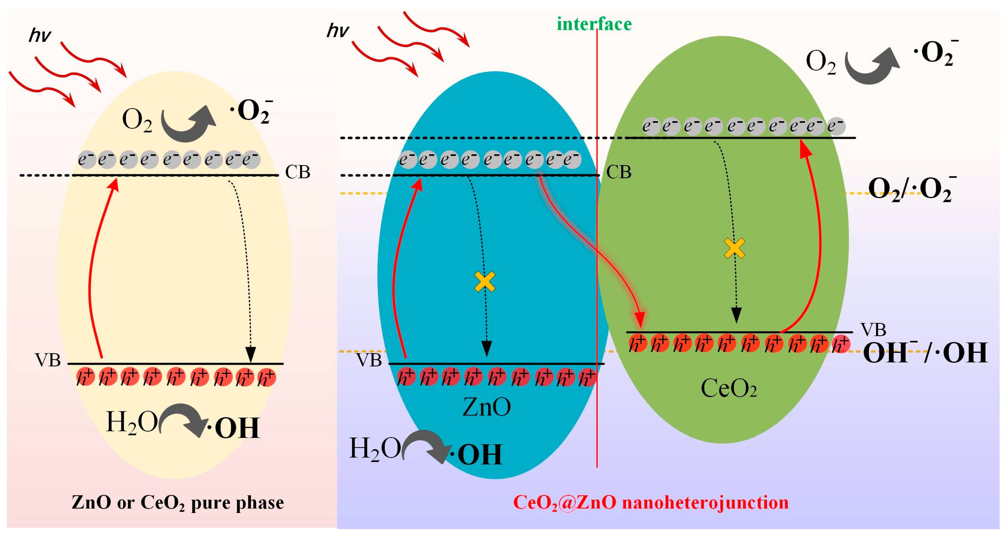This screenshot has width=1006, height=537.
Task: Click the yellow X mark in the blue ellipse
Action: tap(485, 282)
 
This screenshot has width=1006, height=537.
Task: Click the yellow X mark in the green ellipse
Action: tap(734, 248)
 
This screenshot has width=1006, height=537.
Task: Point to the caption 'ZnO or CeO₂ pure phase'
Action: tap(178, 503)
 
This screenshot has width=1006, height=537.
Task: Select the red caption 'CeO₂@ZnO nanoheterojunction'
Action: tap(651, 503)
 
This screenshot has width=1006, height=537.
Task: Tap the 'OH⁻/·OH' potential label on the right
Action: tap(925, 353)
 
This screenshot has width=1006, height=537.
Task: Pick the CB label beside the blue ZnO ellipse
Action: tap(619, 172)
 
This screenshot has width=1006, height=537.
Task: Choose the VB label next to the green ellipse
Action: tap(873, 330)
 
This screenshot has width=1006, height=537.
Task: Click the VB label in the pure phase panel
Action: tap(48, 360)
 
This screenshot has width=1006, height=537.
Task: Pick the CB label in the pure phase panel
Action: tap(298, 172)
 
